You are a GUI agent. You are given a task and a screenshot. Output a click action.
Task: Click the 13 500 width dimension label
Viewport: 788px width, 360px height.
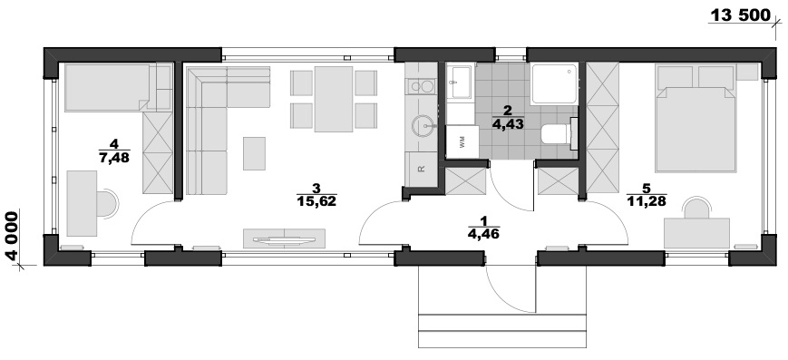pyautogui.click(x=739, y=15)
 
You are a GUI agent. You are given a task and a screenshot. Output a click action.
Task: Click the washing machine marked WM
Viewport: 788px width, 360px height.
pyautogui.click(x=462, y=142)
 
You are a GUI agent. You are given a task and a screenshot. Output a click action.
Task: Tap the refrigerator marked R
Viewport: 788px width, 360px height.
pyautogui.click(x=421, y=169)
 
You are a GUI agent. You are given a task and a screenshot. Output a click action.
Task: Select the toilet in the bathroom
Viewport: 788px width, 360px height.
pyautogui.click(x=559, y=133)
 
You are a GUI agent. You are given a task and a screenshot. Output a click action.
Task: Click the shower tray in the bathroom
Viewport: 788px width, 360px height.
pyautogui.click(x=554, y=83)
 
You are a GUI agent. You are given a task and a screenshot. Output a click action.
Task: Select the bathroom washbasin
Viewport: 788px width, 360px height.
pyautogui.click(x=460, y=81)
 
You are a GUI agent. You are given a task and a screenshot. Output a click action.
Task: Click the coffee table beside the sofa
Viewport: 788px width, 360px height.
pyautogui.click(x=254, y=153)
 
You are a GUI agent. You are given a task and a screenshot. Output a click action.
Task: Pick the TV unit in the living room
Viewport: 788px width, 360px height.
pyautogui.click(x=284, y=238)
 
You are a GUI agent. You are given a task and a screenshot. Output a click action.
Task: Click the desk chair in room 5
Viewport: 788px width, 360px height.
pyautogui.click(x=696, y=209)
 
